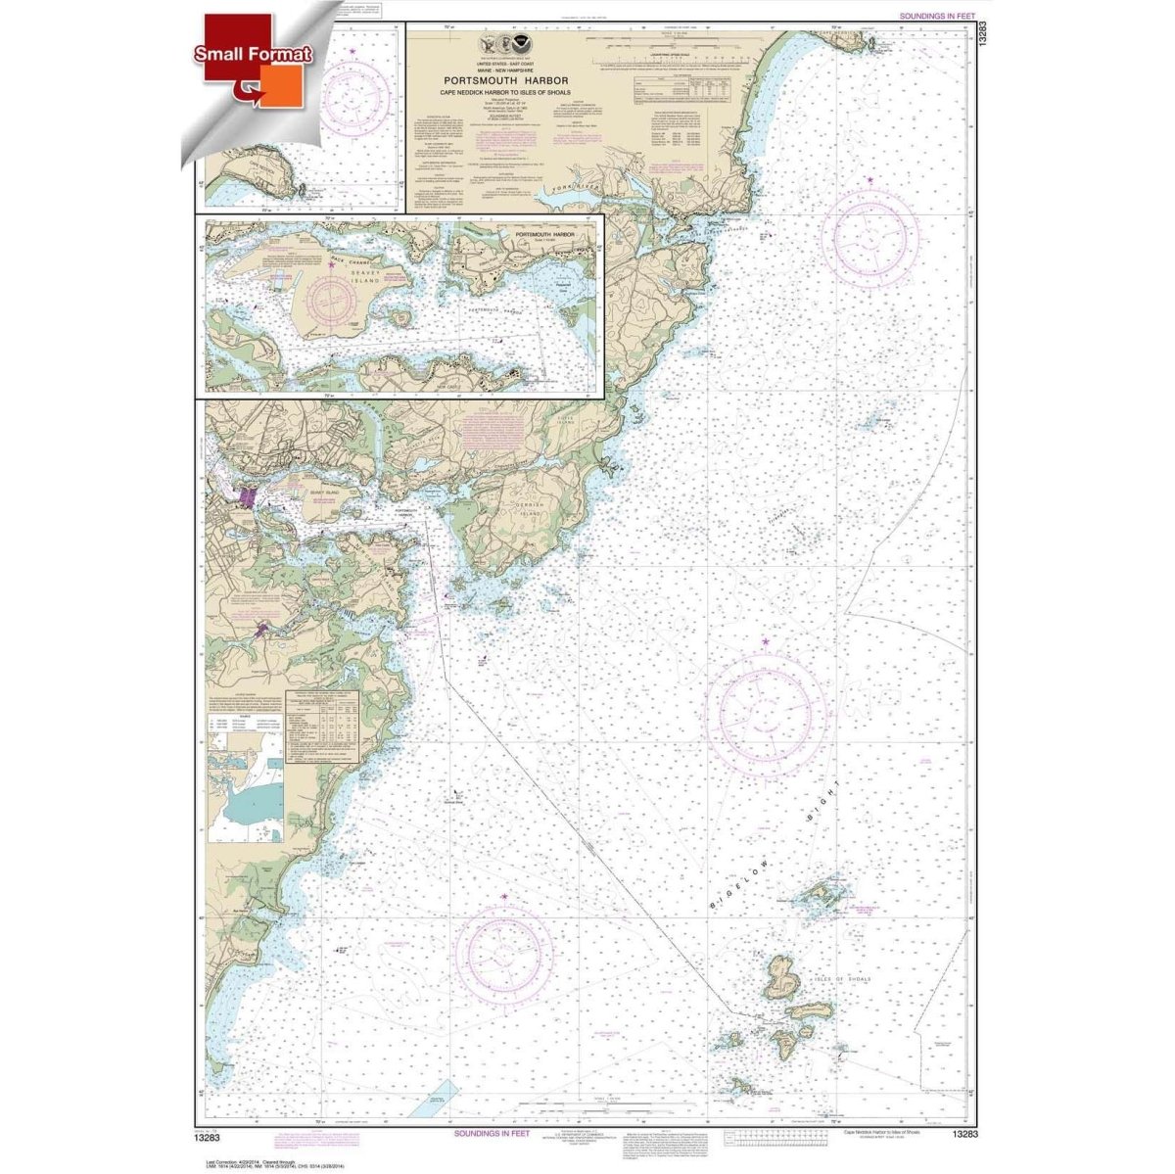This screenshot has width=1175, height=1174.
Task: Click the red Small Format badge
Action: [x=253, y=55]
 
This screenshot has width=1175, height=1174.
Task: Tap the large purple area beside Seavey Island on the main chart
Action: [x=242, y=501]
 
